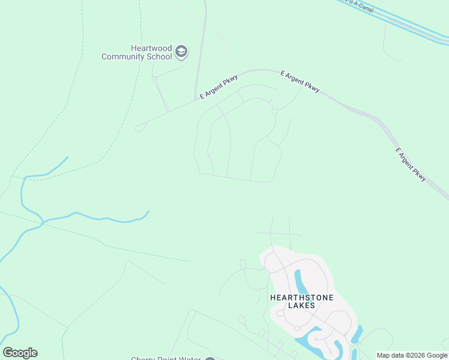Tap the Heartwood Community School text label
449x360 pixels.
(x=137, y=53)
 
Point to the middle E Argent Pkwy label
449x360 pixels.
(x=300, y=81)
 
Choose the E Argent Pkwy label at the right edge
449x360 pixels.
(x=411, y=164)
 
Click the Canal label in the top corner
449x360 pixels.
(x=363, y=6)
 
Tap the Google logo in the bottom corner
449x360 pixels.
(x=20, y=353)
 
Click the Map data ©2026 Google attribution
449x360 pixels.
(x=412, y=355)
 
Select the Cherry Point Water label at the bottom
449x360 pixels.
(x=166, y=359)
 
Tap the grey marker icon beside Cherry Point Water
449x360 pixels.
(x=209, y=359)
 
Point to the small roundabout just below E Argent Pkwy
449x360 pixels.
(x=274, y=112)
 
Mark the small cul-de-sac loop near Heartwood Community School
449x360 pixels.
(x=154, y=77)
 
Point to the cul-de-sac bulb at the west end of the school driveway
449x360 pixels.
(x=139, y=127)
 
